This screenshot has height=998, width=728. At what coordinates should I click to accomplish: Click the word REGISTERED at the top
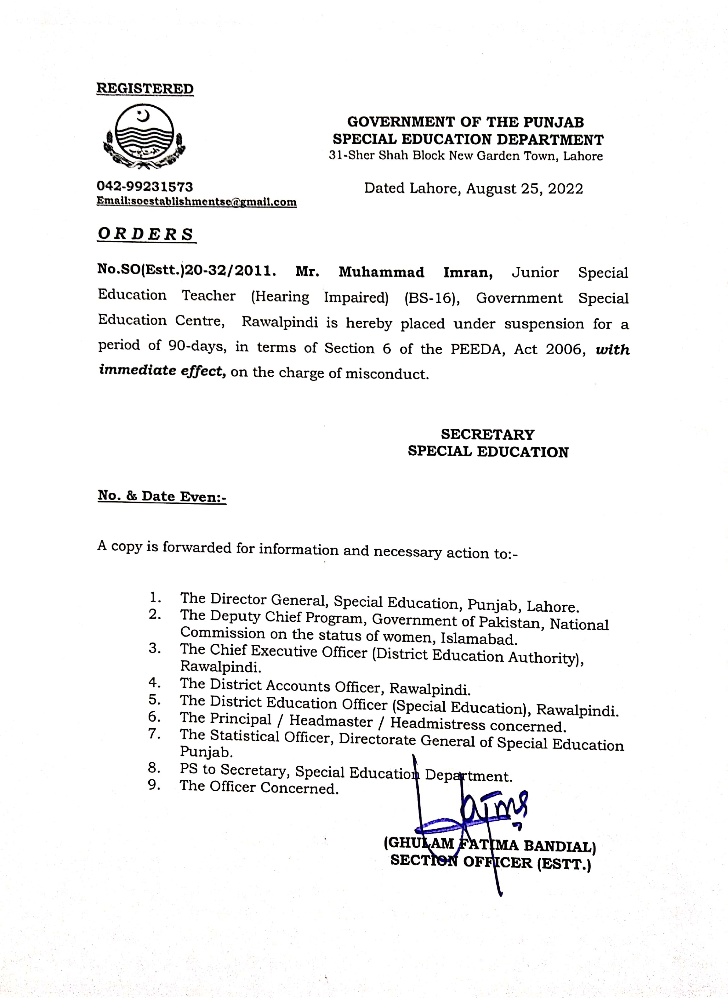[145, 88]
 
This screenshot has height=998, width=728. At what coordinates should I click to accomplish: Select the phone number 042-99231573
[145, 187]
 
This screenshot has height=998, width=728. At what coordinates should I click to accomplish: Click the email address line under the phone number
[196, 202]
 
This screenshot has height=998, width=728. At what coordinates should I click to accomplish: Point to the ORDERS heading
[146, 234]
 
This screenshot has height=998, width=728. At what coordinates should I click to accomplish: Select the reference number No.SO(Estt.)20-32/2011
[187, 270]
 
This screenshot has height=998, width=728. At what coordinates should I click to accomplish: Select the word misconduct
[386, 374]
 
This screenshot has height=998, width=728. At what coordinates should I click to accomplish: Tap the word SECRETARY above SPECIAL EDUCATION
[487, 435]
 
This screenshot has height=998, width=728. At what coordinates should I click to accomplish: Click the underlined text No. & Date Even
[161, 496]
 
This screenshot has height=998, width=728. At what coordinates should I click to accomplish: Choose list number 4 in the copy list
[154, 683]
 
